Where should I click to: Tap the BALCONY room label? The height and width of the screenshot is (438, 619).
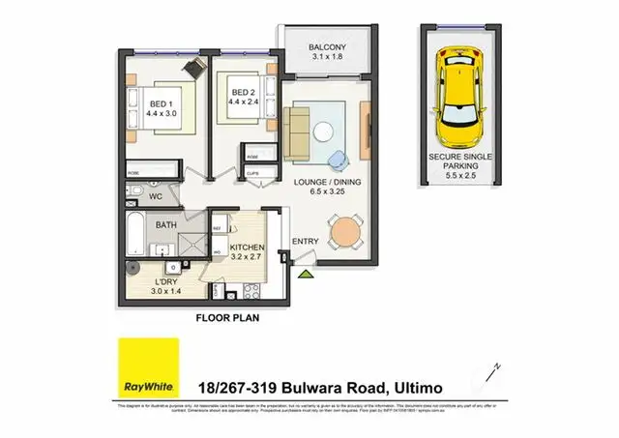coord(327,48)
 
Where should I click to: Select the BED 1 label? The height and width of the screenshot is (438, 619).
coord(162,104)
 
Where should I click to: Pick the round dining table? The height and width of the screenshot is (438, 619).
coord(346,232)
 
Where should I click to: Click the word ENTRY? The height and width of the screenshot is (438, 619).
coord(306,241)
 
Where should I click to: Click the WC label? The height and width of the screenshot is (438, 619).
coord(155,196)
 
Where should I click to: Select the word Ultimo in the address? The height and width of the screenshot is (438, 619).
coord(416,387)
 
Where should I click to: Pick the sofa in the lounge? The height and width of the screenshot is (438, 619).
coord(296,132)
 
